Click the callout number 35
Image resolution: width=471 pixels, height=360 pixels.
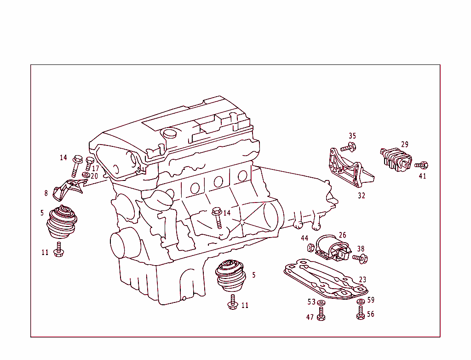coord(352,136)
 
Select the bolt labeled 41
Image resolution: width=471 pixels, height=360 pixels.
coord(422,165)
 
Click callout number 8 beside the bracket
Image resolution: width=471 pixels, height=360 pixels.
coord(46,193)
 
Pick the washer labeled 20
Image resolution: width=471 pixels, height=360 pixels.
coord(86,175)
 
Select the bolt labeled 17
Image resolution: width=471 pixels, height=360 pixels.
coord(90,163)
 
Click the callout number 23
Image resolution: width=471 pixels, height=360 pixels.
coord(362,279)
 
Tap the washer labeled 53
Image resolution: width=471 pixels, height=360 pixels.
coord(321,302)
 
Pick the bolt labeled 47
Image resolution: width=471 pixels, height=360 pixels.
coord(321,315)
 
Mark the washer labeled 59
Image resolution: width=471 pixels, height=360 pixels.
coord(361,302)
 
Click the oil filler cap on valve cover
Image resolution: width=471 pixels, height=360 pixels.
coord(170,134)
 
